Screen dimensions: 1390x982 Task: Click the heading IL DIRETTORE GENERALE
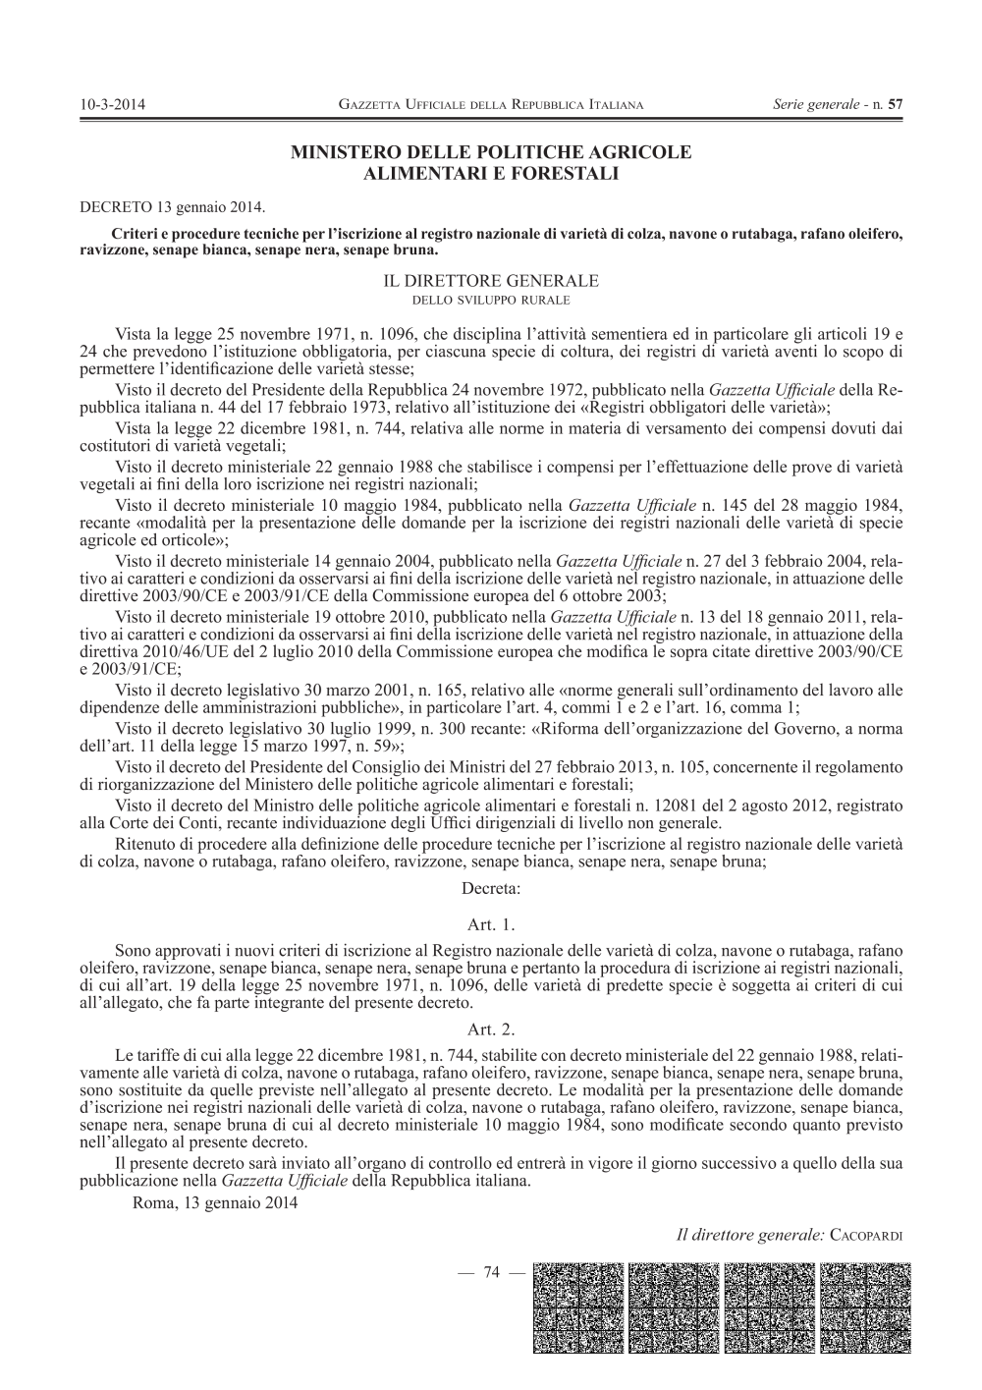490,280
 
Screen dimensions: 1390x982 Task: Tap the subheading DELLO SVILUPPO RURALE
490,298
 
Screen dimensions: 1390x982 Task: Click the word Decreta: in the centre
490,889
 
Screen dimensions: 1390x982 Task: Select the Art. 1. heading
492,924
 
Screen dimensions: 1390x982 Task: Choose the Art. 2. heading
492,1029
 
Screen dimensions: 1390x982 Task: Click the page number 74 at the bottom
491,1273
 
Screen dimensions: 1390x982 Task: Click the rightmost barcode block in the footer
860,1307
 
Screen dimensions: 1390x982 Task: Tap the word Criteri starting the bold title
137,236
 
